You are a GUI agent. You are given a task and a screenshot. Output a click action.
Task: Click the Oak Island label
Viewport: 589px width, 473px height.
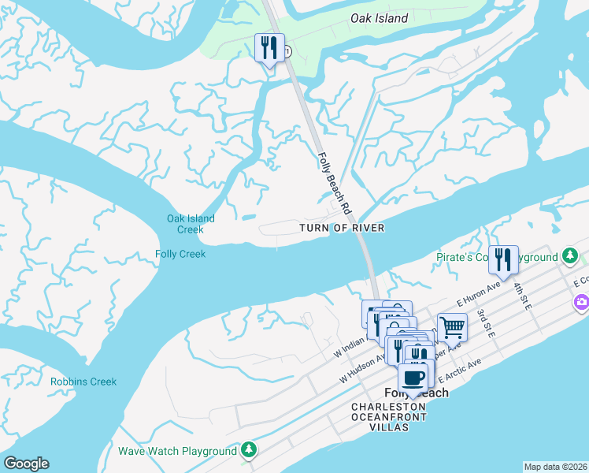[380, 18]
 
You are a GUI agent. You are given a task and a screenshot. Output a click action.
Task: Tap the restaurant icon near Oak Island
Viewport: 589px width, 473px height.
[269, 48]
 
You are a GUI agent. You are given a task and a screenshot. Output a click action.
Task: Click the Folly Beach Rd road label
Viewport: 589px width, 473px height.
[334, 184]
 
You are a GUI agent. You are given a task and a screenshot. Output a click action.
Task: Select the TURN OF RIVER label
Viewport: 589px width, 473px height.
[342, 228]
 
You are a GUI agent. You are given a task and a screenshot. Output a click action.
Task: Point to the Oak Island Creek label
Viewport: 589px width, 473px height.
[191, 224]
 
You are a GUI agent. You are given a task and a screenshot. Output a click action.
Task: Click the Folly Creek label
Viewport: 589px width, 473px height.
[180, 254]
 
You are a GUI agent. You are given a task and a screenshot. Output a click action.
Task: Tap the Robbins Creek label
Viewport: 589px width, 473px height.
[83, 382]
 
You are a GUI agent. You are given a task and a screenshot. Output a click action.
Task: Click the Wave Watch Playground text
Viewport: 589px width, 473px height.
[177, 451]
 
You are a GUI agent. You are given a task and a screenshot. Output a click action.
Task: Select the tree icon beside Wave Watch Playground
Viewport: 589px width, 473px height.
[249, 450]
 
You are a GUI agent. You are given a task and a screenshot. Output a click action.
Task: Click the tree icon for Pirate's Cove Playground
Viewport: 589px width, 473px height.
[571, 257]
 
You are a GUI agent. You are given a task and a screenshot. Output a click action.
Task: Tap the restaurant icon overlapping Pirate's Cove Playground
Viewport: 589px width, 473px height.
[503, 259]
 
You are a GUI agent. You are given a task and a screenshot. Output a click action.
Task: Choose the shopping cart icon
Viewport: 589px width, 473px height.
[452, 326]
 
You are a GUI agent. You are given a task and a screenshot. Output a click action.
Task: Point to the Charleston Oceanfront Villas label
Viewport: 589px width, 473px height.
[389, 416]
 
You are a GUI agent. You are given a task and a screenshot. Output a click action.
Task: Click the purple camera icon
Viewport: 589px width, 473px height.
[581, 302]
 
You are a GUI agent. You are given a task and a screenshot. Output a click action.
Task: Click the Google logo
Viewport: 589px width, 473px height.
[26, 464]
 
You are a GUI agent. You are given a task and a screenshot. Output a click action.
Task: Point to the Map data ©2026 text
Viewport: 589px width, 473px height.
[555, 467]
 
